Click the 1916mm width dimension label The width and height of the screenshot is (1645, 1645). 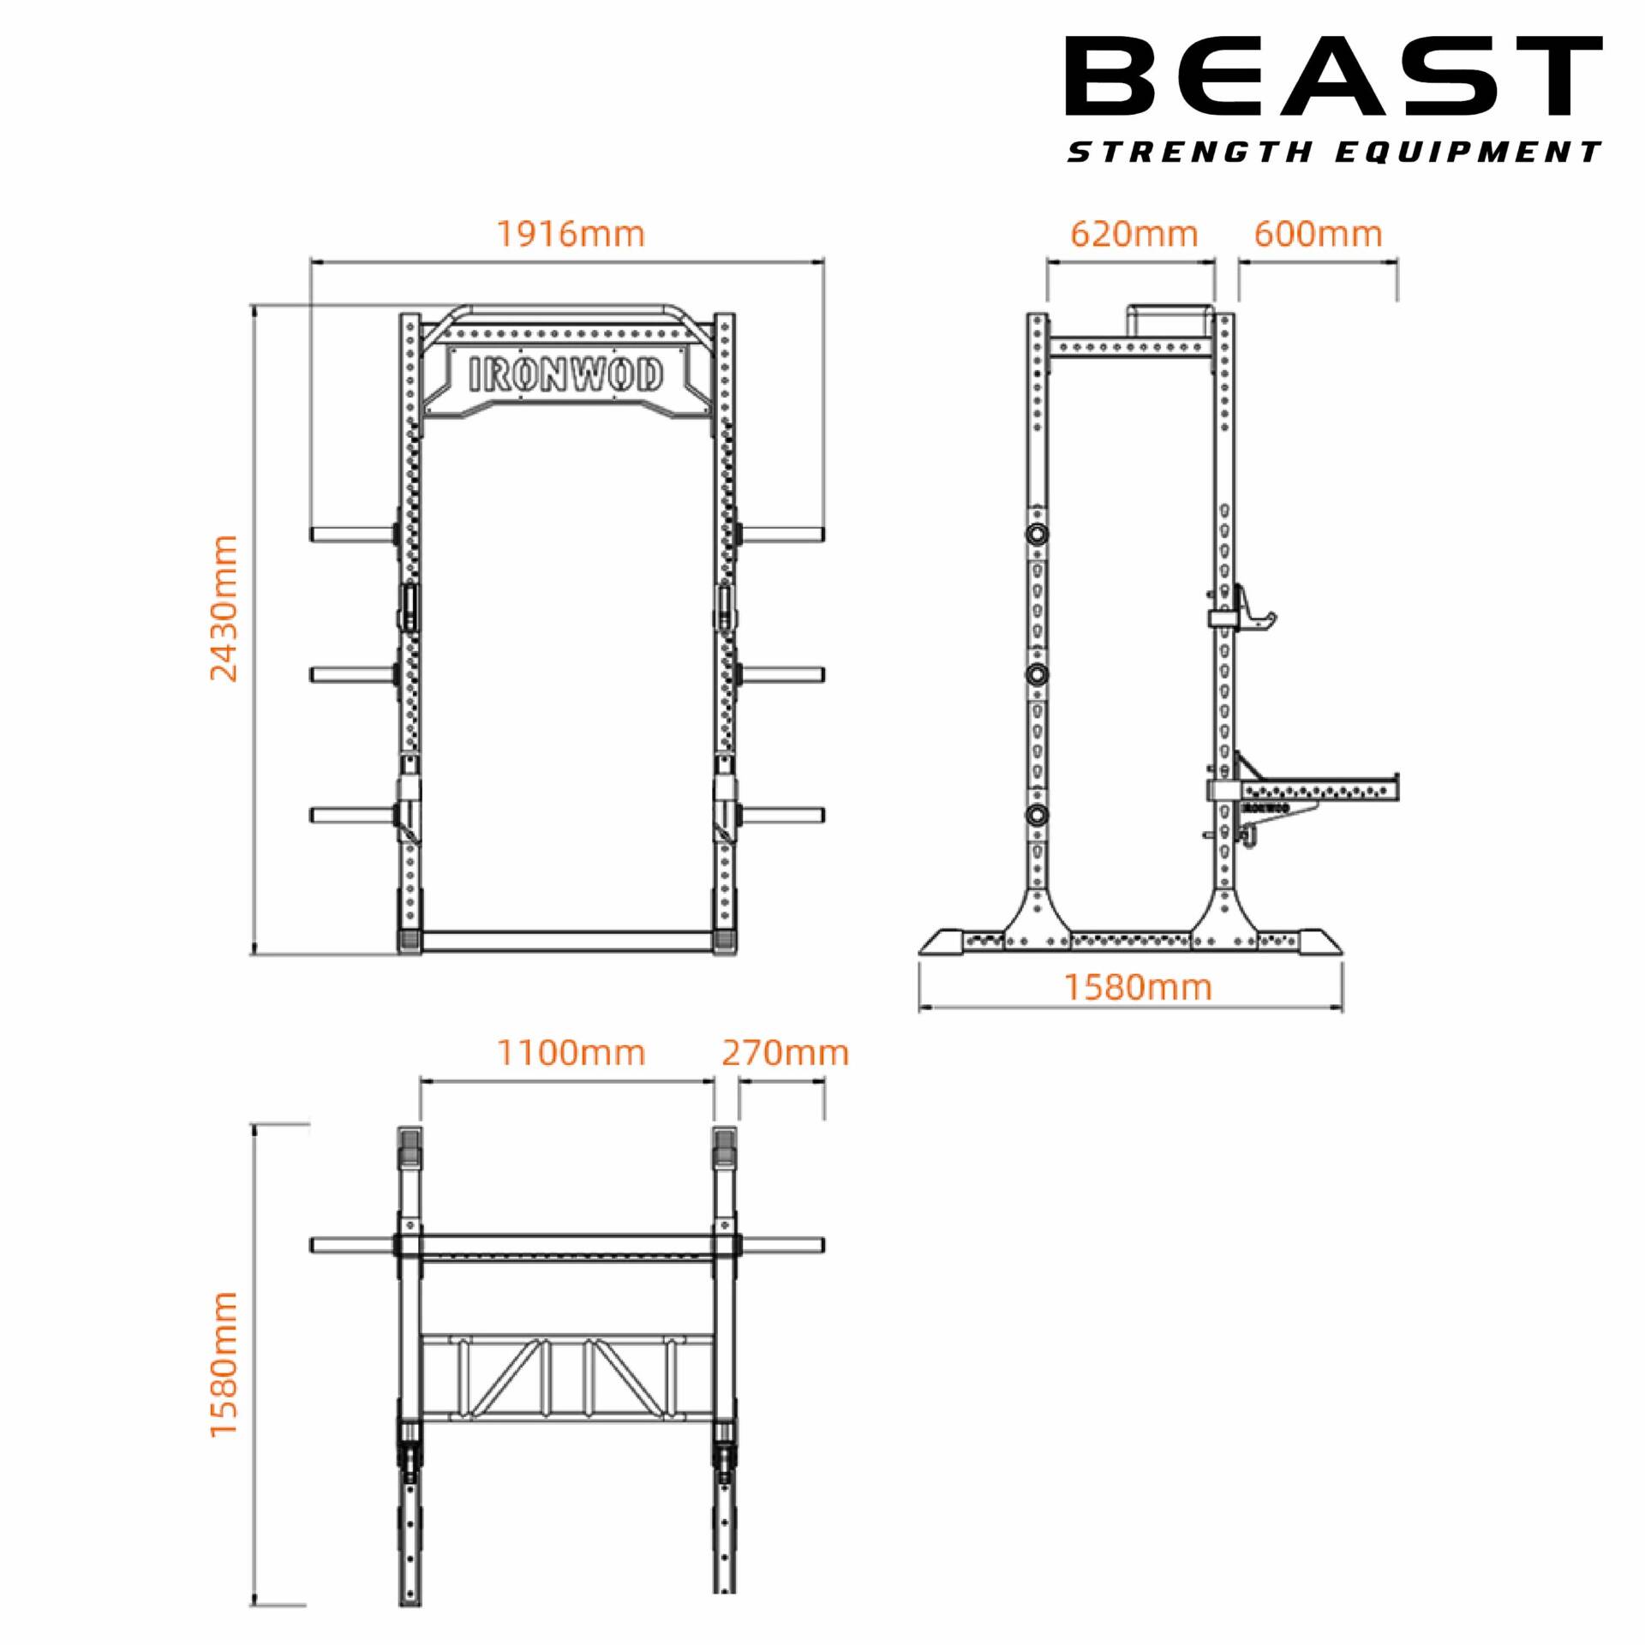571,234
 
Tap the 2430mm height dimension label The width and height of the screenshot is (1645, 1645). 224,607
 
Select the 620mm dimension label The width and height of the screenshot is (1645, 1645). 1134,234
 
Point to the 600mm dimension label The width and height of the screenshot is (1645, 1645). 1318,234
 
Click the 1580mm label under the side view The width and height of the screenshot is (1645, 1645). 1138,988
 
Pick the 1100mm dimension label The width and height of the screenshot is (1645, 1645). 571,1053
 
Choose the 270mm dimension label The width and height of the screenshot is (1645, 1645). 785,1053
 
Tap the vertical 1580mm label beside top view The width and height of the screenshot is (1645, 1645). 224,1364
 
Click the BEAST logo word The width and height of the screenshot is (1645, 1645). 1333,76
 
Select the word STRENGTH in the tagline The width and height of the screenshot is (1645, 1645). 1190,153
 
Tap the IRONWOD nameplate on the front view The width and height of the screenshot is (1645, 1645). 566,375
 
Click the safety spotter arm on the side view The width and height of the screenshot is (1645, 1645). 1319,788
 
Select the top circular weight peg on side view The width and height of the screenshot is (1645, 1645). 1038,534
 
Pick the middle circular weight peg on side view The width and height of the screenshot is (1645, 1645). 1038,674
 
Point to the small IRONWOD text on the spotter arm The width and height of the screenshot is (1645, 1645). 1265,808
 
